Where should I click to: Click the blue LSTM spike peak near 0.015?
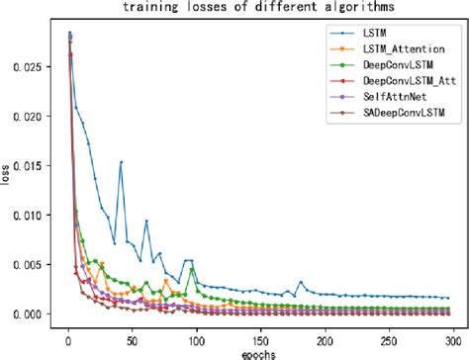pyautogui.click(x=121, y=162)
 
